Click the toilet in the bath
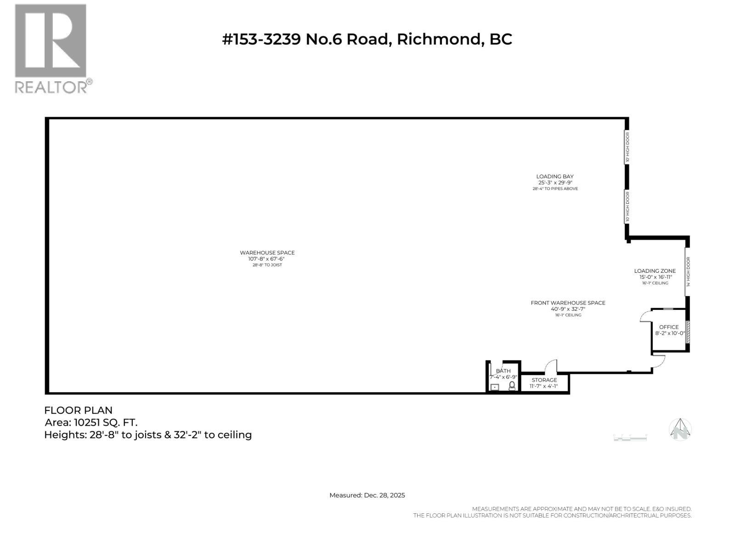tap(512, 387)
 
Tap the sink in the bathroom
tap(495, 388)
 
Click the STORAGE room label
tap(544, 380)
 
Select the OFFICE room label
tap(669, 327)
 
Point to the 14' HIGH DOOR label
tap(688, 272)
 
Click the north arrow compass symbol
tap(680, 429)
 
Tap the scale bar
tap(630, 438)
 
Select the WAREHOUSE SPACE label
tap(267, 253)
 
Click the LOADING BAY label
tap(555, 176)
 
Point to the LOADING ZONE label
tap(655, 271)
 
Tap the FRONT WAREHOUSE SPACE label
tap(568, 303)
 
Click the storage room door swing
tap(551, 366)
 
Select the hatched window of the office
tap(688, 332)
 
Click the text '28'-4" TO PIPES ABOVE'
tap(555, 189)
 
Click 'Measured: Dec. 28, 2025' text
tap(367, 495)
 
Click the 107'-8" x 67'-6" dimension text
tap(266, 259)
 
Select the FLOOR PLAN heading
tap(79, 410)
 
